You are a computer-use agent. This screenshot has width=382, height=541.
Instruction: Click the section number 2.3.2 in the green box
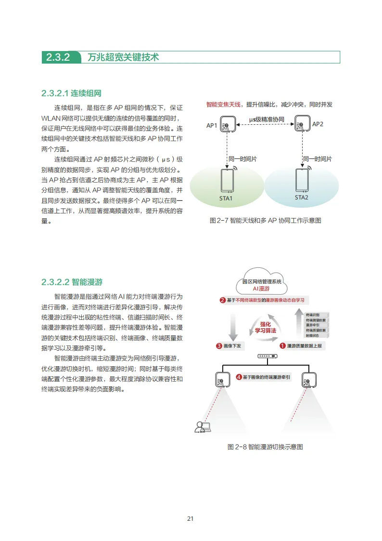tap(58, 57)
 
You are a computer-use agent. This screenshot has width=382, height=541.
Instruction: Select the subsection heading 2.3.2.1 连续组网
tap(71, 93)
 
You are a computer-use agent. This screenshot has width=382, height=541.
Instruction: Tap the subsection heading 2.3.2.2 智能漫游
tap(72, 282)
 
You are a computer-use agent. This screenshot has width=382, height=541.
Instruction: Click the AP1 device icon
tap(228, 124)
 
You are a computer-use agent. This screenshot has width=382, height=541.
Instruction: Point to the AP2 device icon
tap(302, 124)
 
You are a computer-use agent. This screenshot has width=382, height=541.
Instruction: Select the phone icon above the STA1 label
tap(227, 180)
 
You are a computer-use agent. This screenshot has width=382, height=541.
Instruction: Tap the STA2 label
tap(302, 198)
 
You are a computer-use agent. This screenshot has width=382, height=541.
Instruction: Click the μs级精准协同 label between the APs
tap(266, 119)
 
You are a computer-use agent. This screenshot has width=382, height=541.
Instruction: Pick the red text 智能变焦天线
tap(225, 104)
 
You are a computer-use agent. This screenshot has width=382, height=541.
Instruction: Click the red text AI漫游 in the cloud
tap(262, 289)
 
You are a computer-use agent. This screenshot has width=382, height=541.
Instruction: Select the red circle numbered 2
tap(222, 300)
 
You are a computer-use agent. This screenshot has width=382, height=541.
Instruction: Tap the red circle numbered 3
tap(219, 345)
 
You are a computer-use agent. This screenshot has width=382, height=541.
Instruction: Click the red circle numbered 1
tap(283, 345)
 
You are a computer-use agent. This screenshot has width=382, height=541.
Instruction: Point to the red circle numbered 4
tap(239, 377)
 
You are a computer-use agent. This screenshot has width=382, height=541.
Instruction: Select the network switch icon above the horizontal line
tap(267, 356)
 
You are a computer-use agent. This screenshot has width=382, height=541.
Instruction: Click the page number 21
tap(191, 519)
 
